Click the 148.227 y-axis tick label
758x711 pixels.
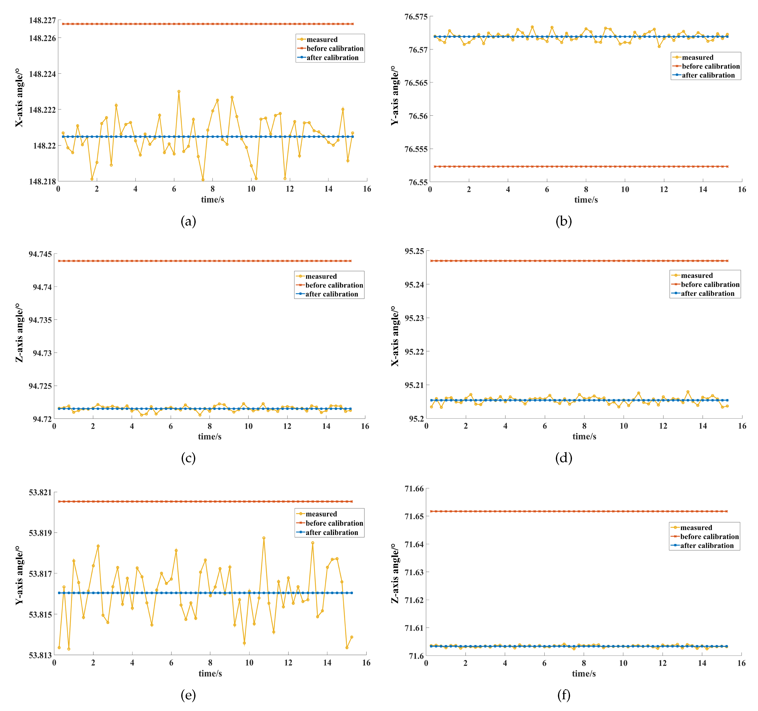tap(42, 20)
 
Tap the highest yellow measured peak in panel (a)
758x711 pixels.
tap(179, 91)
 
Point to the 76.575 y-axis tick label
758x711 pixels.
tap(416, 17)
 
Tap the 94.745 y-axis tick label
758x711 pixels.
tap(40, 254)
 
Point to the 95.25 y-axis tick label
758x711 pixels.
tap(414, 251)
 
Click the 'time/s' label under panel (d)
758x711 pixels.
tap(584, 437)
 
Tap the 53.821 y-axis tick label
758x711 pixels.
tap(40, 492)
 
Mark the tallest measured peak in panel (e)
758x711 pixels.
tap(264, 538)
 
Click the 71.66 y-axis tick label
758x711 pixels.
tap(414, 489)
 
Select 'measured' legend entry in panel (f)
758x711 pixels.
tap(696, 528)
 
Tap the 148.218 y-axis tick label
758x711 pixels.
tap(42, 181)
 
